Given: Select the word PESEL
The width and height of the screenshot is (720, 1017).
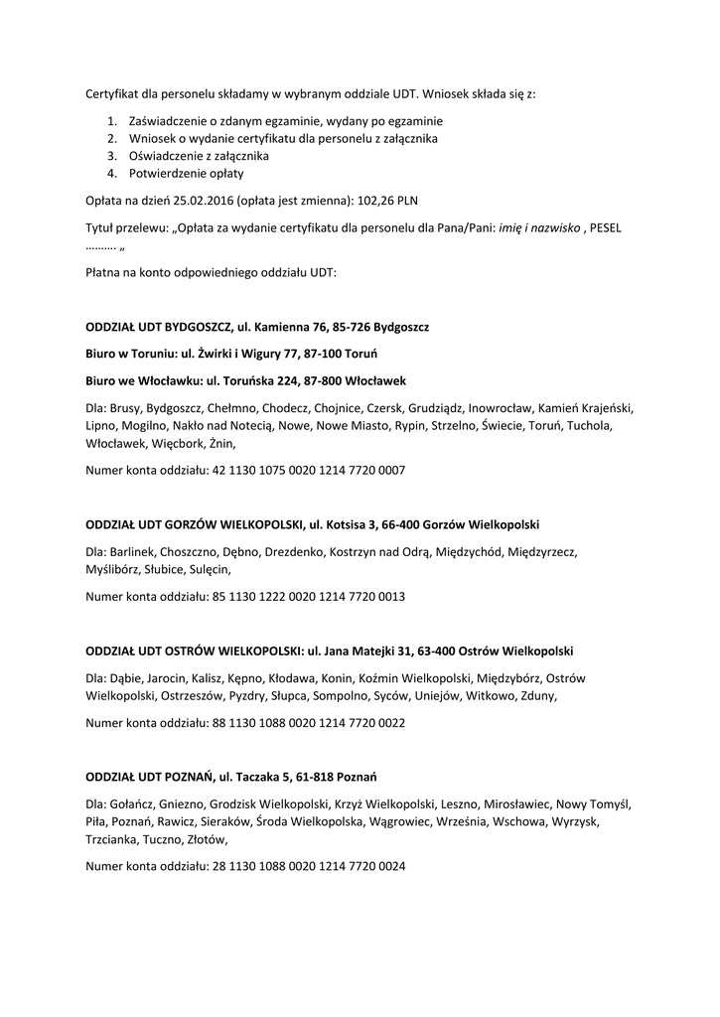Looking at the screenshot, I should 605,227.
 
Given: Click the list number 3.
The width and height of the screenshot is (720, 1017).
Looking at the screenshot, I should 112,156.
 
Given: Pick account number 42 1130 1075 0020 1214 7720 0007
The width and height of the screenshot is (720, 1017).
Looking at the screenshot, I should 309,470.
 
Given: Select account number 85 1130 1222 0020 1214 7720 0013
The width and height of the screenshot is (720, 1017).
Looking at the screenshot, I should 309,597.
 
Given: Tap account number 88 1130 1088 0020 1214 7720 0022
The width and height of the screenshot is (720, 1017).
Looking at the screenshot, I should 309,724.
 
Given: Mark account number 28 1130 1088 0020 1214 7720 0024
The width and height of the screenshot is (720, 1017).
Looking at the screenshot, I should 309,866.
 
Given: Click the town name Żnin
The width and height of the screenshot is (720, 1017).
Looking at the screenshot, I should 221,443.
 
